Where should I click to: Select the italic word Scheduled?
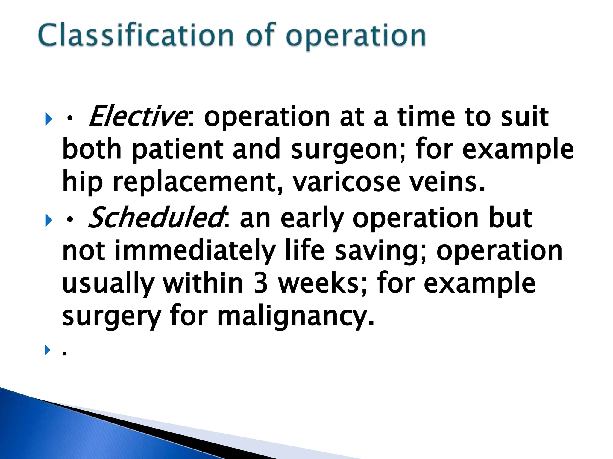155,218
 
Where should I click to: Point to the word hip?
82,182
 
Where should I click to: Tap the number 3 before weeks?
260,283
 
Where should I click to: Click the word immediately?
195,251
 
